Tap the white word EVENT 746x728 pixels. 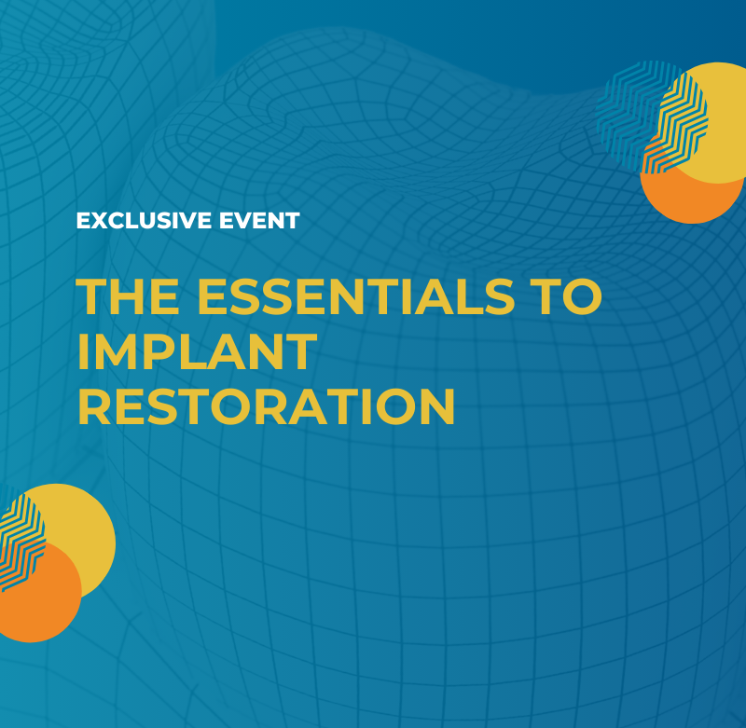[259, 221]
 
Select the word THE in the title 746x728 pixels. [128, 296]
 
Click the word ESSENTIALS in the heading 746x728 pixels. [356, 296]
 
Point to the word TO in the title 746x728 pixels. [568, 296]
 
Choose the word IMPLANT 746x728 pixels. [197, 351]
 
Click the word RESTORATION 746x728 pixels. [267, 406]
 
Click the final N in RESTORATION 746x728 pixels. [437, 406]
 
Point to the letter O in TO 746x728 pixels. [582, 296]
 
